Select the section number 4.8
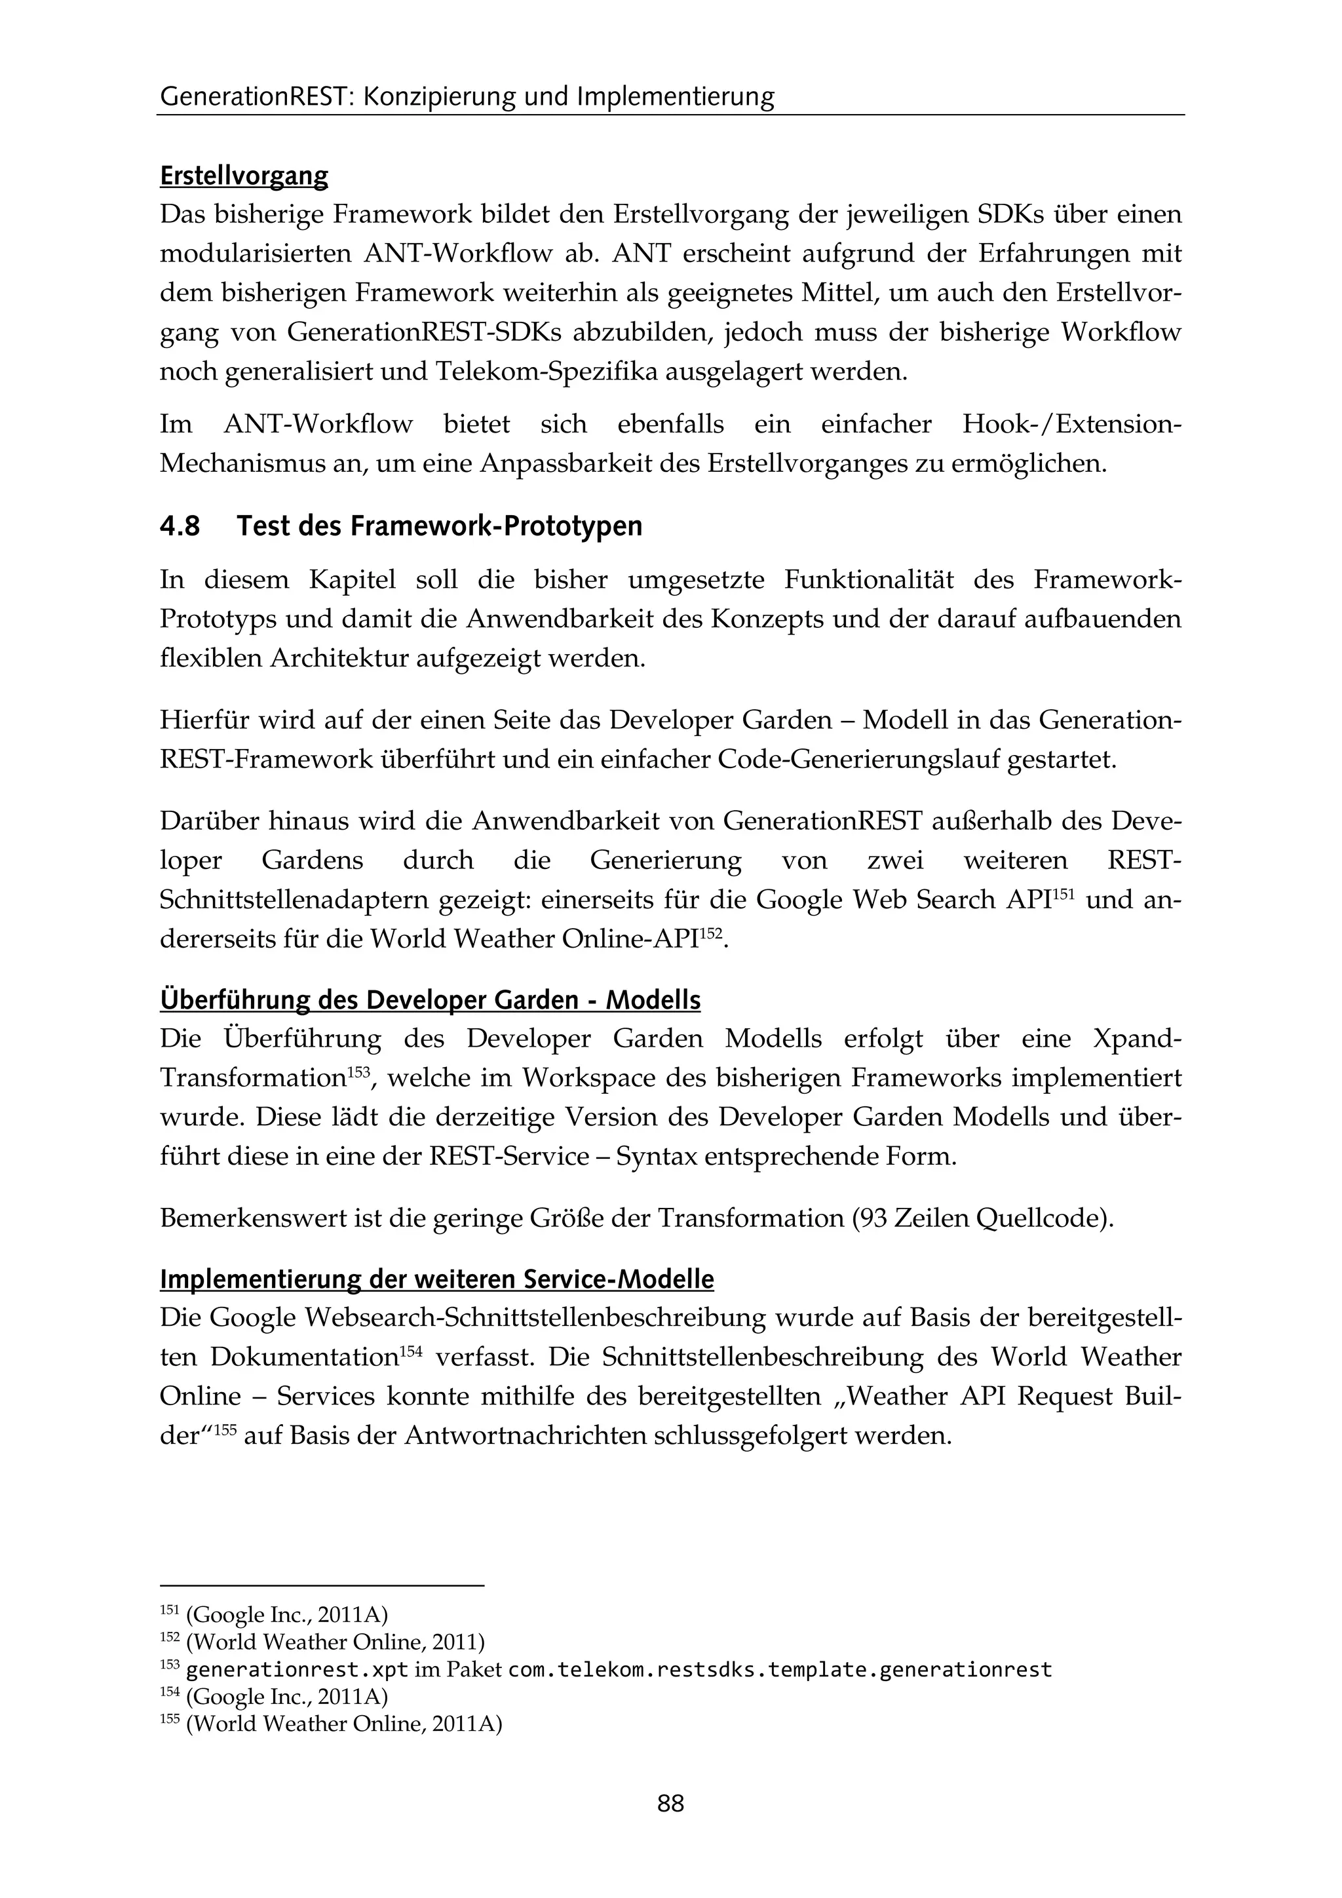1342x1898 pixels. [180, 526]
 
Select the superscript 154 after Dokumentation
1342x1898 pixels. [412, 1351]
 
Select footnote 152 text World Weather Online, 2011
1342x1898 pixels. [335, 1642]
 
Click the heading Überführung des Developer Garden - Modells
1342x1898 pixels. [430, 1000]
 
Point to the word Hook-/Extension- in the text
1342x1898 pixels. [1071, 425]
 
